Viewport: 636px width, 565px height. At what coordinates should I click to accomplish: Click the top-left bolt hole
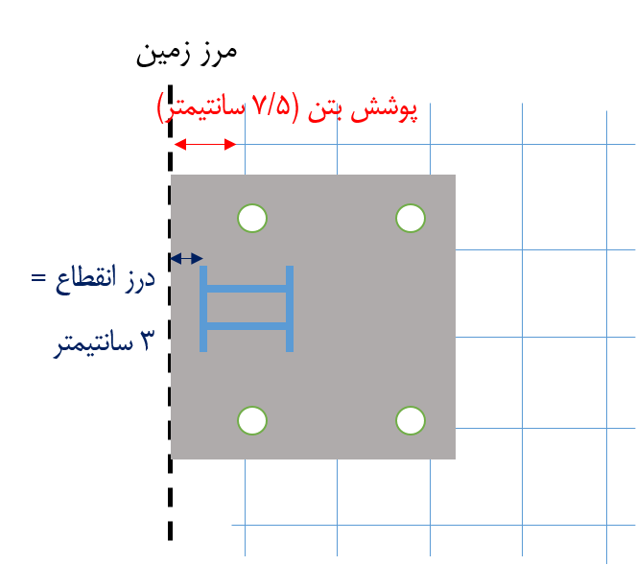click(252, 218)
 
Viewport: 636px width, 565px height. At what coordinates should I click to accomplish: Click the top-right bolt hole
click(411, 218)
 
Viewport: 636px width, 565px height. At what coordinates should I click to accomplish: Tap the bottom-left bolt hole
click(252, 420)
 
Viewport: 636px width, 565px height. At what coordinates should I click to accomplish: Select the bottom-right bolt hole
click(411, 420)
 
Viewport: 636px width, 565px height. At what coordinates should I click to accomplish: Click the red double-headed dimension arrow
click(205, 145)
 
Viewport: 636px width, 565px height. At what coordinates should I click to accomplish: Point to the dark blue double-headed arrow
click(186, 258)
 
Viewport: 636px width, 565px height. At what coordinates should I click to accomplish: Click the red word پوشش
click(385, 110)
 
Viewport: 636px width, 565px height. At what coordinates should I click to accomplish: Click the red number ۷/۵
click(272, 106)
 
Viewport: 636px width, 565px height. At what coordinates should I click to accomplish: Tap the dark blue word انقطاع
click(86, 279)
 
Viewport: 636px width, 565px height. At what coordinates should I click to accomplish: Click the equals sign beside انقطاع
click(38, 278)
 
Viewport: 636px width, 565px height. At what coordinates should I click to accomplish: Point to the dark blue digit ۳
click(147, 340)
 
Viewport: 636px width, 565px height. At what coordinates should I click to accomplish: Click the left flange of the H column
click(203, 309)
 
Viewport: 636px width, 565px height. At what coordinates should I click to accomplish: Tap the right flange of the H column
click(290, 309)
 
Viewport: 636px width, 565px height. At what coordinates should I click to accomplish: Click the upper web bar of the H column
click(247, 289)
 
